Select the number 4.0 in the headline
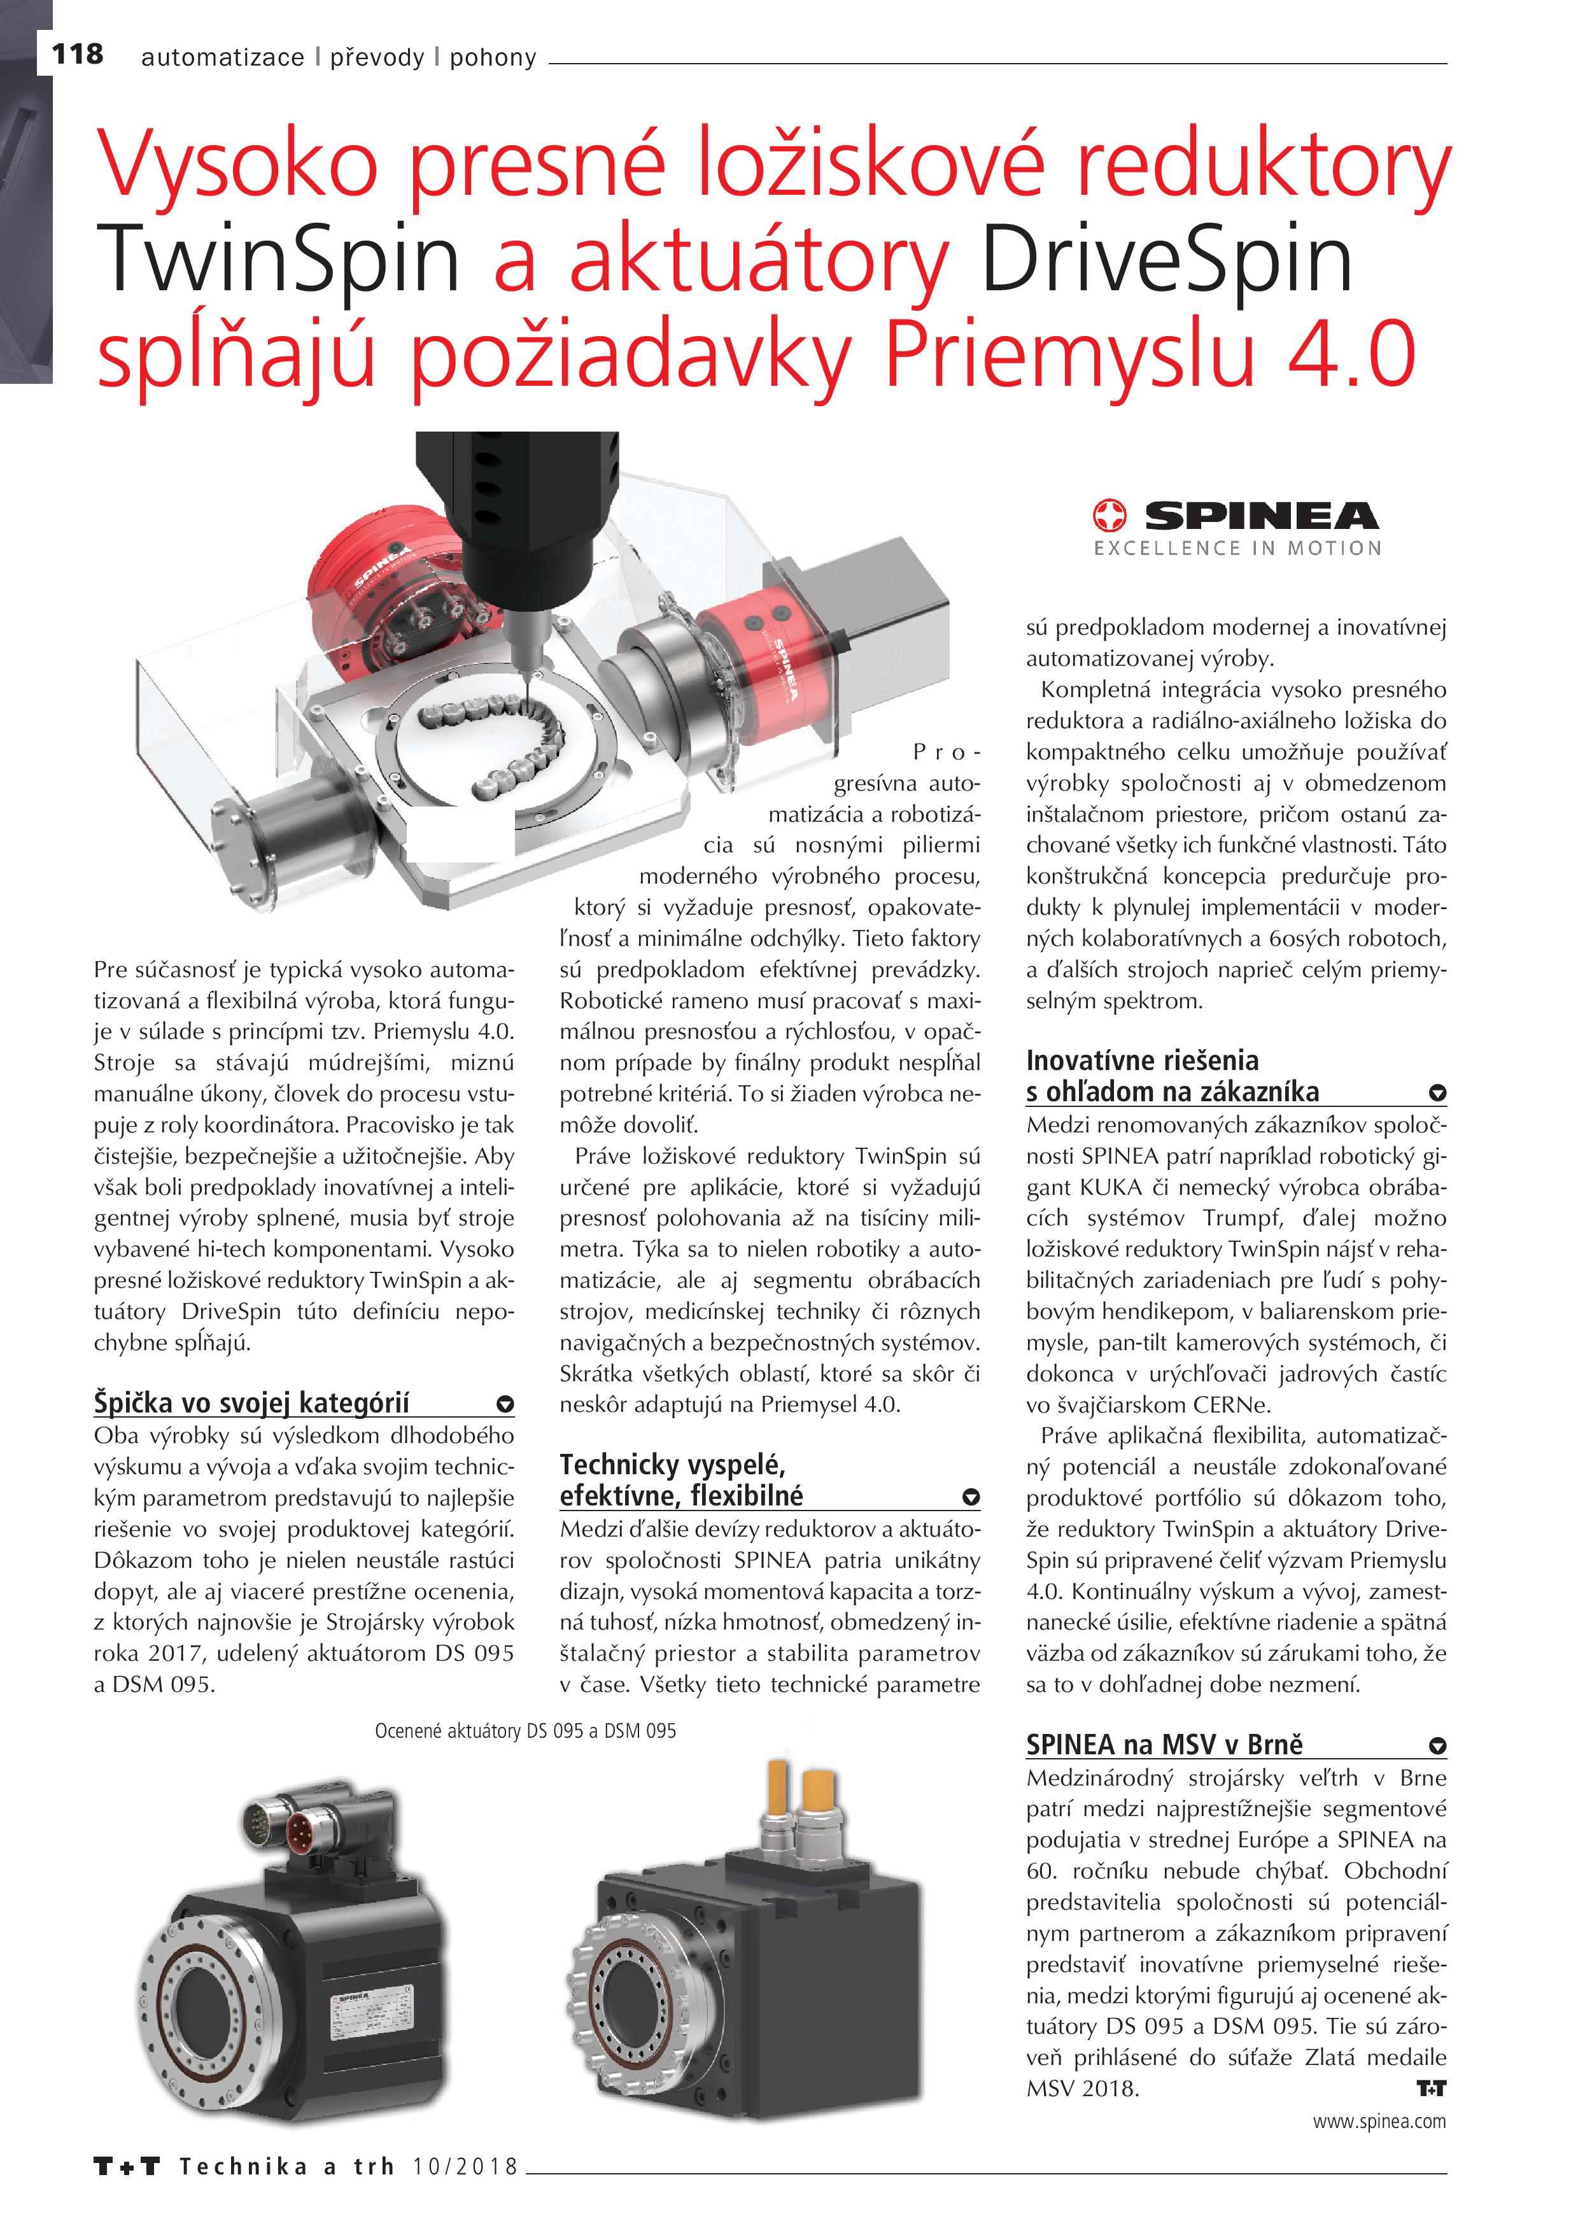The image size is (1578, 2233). (1351, 355)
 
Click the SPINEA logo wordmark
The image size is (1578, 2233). (1261, 516)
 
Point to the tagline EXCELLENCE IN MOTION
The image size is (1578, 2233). (1237, 549)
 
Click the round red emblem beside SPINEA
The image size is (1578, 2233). (1110, 516)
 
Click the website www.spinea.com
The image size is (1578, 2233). (1379, 2121)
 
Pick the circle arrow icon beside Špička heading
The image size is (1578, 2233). (504, 1404)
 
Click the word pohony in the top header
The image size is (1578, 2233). (493, 59)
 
